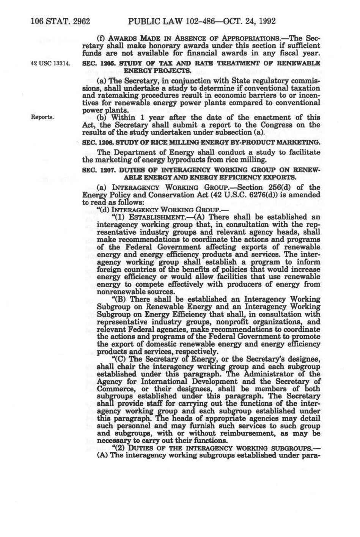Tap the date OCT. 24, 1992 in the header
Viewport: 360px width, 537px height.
click(248, 21)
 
